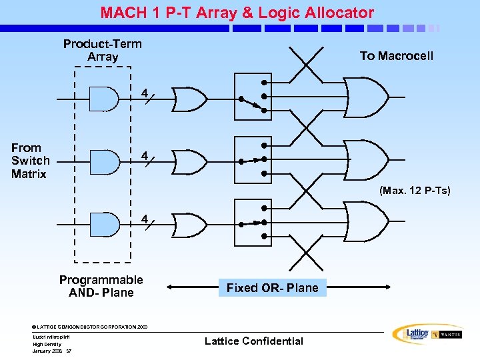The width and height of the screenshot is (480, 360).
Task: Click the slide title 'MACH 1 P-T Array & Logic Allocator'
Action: point(237,12)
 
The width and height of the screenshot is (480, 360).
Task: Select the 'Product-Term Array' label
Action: point(103,50)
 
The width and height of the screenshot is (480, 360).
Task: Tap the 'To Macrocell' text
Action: point(396,56)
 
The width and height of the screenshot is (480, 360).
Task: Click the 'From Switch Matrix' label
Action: point(29,161)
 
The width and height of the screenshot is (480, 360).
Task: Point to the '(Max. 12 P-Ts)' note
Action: point(415,191)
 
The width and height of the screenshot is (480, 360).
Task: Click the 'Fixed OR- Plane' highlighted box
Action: point(272,288)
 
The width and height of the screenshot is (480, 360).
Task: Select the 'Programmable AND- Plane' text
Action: point(101,286)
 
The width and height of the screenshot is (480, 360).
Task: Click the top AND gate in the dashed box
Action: point(103,99)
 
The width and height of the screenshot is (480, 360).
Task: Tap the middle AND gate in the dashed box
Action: point(103,161)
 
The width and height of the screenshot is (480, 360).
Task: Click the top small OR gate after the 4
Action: point(189,99)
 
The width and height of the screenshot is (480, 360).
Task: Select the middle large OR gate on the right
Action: point(365,161)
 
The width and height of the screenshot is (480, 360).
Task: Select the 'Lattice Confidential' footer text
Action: point(253,341)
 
